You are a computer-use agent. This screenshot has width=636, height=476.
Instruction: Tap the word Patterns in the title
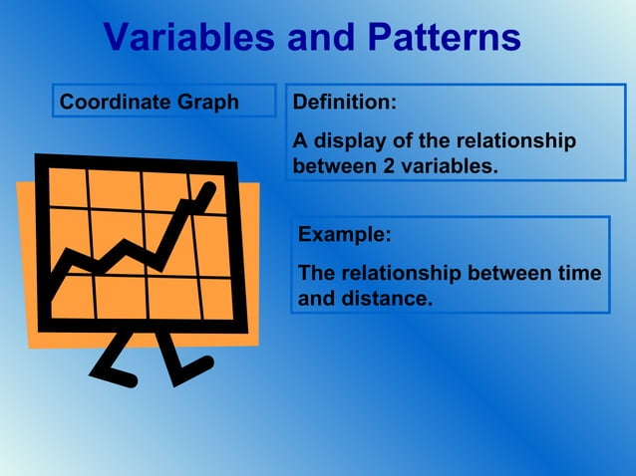tap(444, 38)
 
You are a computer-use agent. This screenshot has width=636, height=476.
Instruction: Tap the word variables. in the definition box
tap(449, 166)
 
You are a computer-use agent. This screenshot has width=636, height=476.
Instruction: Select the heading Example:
tap(345, 235)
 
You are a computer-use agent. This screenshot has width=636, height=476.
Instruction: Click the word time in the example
tap(579, 273)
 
